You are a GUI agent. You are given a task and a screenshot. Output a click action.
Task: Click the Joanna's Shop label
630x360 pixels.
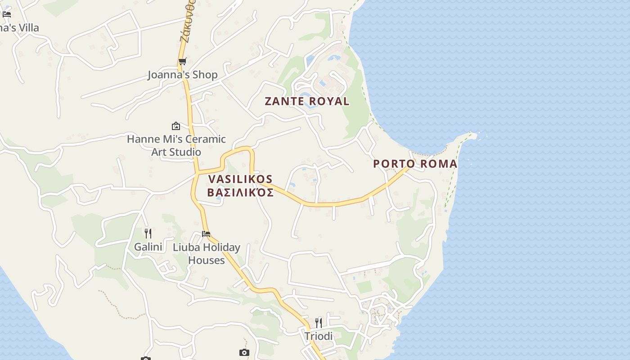[183, 75]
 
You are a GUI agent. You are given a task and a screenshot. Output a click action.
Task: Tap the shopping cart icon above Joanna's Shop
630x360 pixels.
[182, 62]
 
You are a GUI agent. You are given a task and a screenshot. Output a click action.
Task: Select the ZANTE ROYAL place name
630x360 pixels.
[307, 101]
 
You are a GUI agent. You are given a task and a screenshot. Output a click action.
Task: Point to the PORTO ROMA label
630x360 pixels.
[415, 164]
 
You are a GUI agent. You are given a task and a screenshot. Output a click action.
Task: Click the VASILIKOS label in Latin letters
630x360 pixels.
[240, 179]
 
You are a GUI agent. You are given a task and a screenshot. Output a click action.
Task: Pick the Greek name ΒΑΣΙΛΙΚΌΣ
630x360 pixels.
[240, 193]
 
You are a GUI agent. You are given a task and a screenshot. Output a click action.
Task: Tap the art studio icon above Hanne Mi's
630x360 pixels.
[176, 126]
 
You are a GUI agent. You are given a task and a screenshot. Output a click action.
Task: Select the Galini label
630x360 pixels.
[148, 247]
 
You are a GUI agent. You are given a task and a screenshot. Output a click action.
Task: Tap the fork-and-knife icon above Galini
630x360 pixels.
[148, 233]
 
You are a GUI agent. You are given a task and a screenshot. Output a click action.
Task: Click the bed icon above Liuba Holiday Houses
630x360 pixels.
[206, 234]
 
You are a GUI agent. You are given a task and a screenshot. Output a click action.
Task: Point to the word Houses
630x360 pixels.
[206, 260]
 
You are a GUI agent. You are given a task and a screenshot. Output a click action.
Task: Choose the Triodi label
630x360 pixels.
[319, 336]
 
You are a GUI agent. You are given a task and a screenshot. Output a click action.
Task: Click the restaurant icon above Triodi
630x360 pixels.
[319, 323]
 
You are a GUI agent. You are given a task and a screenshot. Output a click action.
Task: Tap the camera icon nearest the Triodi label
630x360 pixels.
[244, 352]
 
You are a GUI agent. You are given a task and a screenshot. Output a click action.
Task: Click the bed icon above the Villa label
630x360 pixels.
[6, 14]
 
